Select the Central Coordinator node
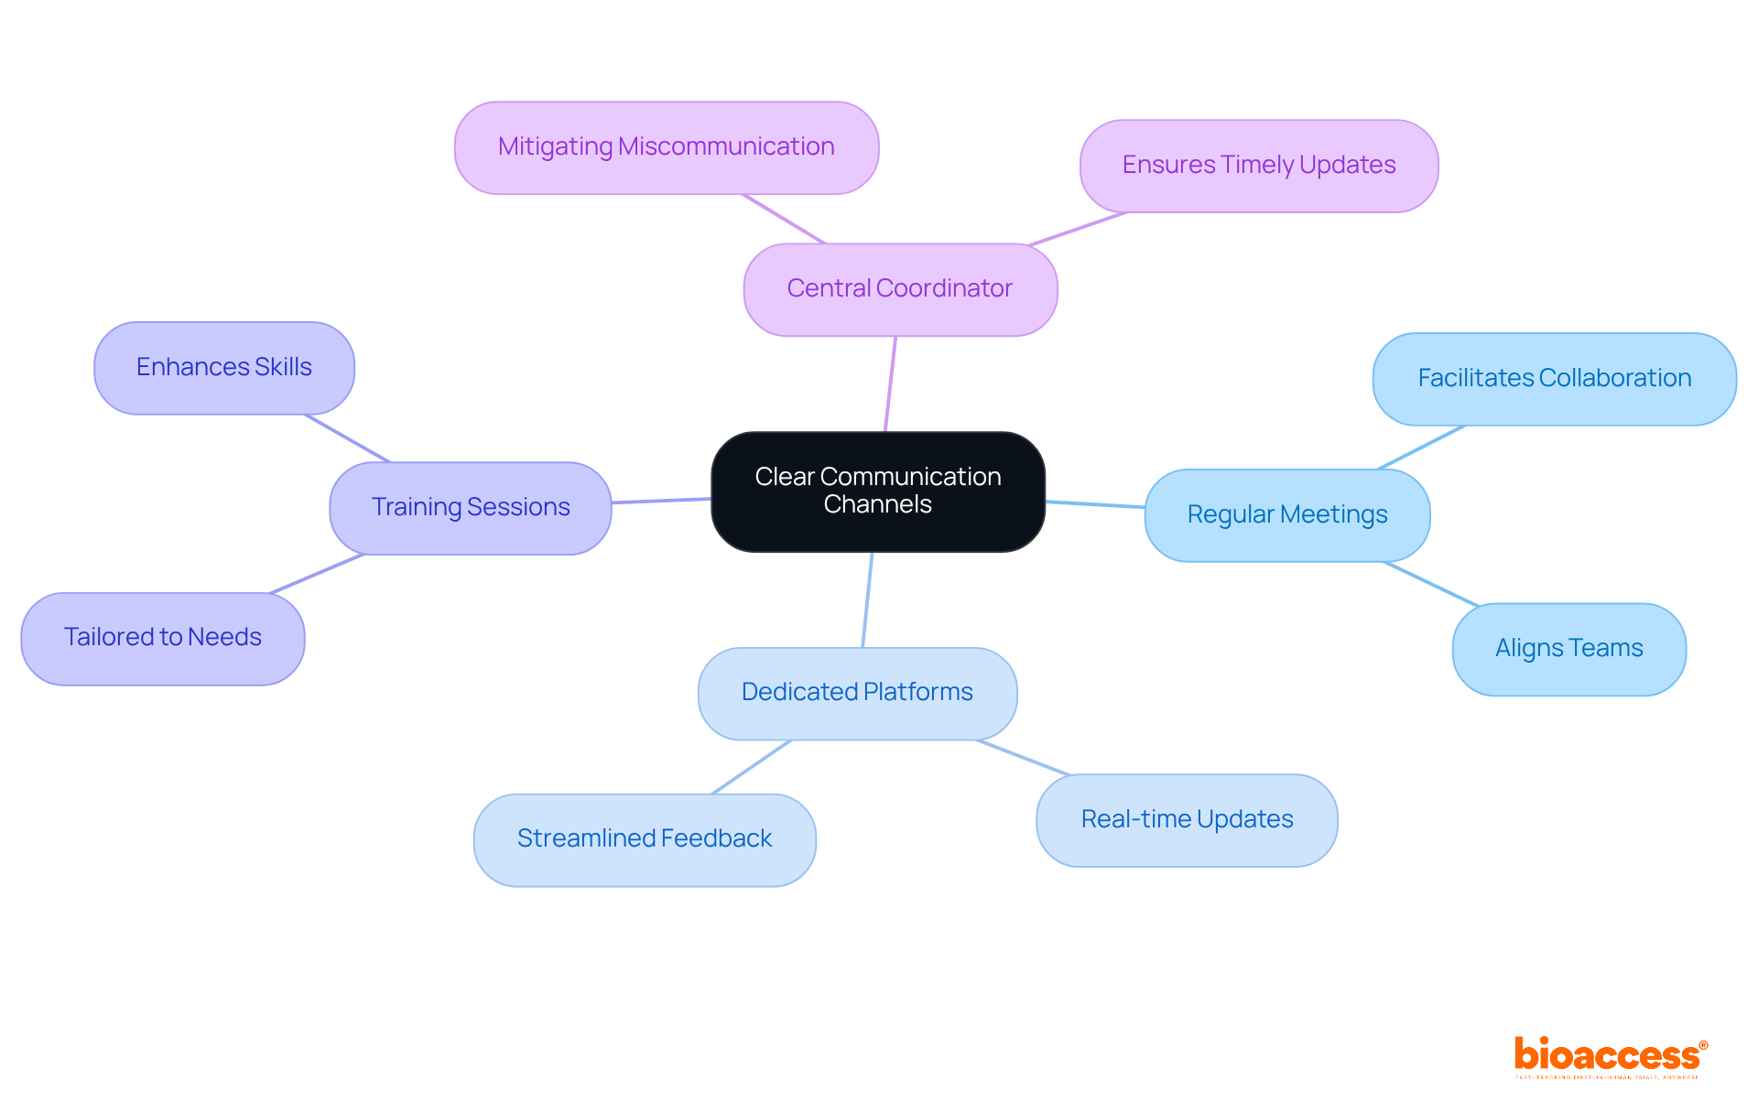click(900, 289)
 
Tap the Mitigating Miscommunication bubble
click(667, 147)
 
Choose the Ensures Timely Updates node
click(1258, 166)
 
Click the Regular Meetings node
click(1286, 515)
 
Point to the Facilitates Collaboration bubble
click(1554, 379)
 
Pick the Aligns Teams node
click(1568, 649)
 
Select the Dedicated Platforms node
click(857, 693)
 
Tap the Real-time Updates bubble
click(1187, 820)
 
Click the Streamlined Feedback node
click(645, 839)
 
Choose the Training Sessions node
click(471, 508)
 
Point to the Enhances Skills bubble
click(224, 368)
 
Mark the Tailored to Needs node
click(163, 638)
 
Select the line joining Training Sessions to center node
click(661, 501)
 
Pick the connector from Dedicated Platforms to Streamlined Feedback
click(751, 767)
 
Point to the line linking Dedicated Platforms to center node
click(867, 599)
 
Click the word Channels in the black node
click(877, 505)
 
